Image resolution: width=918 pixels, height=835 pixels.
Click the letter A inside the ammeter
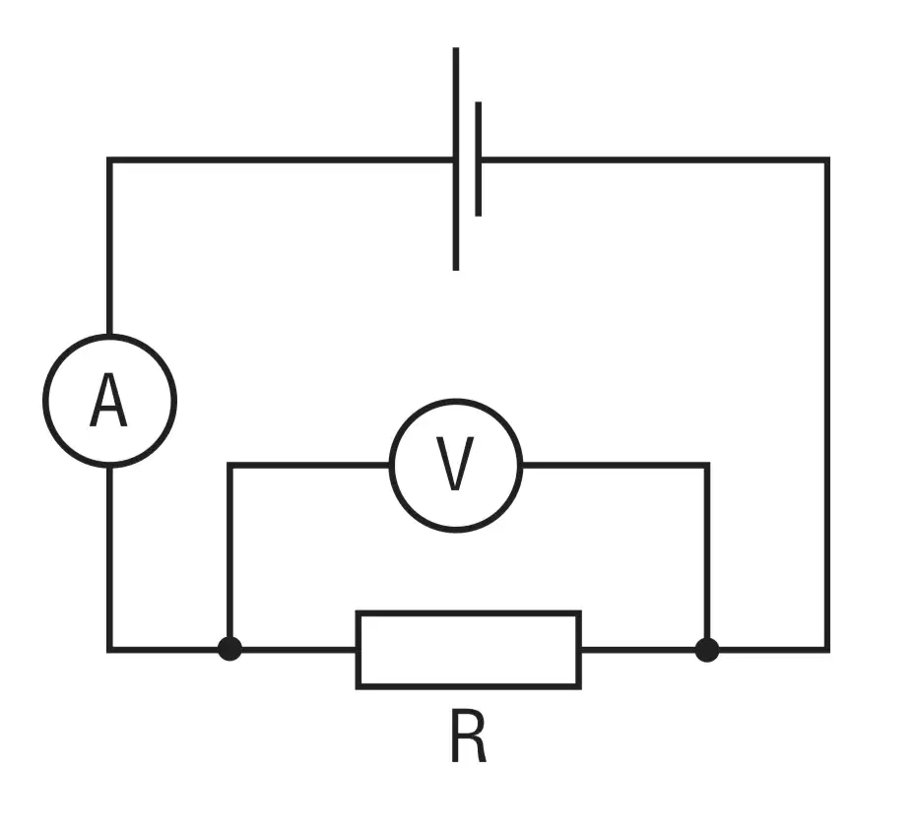point(109,400)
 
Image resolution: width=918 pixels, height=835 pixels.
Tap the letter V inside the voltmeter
point(455,464)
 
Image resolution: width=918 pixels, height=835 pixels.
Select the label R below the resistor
point(469,736)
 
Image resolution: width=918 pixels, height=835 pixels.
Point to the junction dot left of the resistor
point(229,649)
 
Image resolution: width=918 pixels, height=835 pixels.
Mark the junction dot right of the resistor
point(707,650)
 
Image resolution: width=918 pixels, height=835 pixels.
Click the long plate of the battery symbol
point(456,159)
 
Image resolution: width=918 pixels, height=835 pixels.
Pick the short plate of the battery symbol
point(479,159)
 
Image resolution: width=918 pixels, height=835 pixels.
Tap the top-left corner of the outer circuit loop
point(109,160)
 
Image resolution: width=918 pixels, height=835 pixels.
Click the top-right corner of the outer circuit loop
point(826,160)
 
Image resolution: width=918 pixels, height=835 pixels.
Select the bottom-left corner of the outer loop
point(109,650)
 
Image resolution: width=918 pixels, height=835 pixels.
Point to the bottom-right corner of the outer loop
point(826,650)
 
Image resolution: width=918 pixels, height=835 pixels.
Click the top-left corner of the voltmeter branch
point(229,466)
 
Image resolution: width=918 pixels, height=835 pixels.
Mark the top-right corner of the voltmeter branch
point(707,466)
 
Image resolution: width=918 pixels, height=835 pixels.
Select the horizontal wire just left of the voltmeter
point(308,466)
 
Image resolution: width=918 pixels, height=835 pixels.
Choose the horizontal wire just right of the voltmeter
point(616,466)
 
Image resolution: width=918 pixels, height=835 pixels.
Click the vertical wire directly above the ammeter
point(109,246)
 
